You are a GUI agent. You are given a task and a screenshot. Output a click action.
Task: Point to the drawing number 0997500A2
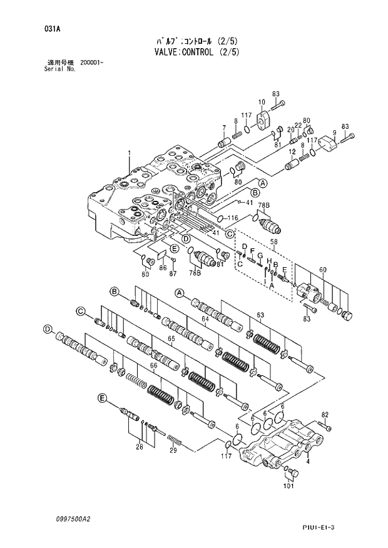tap(73, 520)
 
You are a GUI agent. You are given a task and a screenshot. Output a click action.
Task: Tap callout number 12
tap(292, 151)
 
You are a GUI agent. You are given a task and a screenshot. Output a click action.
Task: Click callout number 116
tap(233, 217)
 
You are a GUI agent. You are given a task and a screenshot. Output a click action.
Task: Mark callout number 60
tap(323, 270)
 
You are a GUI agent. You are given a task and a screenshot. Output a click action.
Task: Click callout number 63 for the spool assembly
tap(260, 315)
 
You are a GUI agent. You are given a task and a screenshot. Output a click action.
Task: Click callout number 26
tap(140, 447)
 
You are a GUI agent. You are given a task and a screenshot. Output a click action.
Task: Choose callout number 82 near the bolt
tap(324, 415)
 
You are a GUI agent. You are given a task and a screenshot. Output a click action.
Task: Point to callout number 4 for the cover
tap(308, 462)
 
